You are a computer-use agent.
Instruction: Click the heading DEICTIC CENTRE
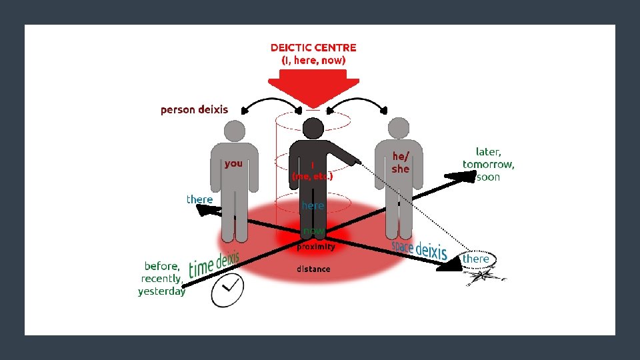point(313,47)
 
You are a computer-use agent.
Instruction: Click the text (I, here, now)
point(313,60)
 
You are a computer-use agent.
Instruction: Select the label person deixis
point(194,109)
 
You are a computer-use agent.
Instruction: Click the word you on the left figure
point(233,163)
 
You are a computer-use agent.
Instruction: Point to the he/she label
point(400,163)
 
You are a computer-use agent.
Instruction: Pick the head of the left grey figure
point(234,129)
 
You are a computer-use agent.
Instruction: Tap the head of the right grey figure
point(398,127)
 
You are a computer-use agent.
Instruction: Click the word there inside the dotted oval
point(476,259)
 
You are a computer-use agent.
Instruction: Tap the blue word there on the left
point(199,199)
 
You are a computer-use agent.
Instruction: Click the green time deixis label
point(214,265)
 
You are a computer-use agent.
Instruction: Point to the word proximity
point(316,247)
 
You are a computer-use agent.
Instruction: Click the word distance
point(313,269)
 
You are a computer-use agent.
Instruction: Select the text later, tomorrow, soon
point(489,164)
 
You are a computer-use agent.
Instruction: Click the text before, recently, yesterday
point(162,279)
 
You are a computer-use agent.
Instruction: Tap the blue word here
point(313,205)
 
